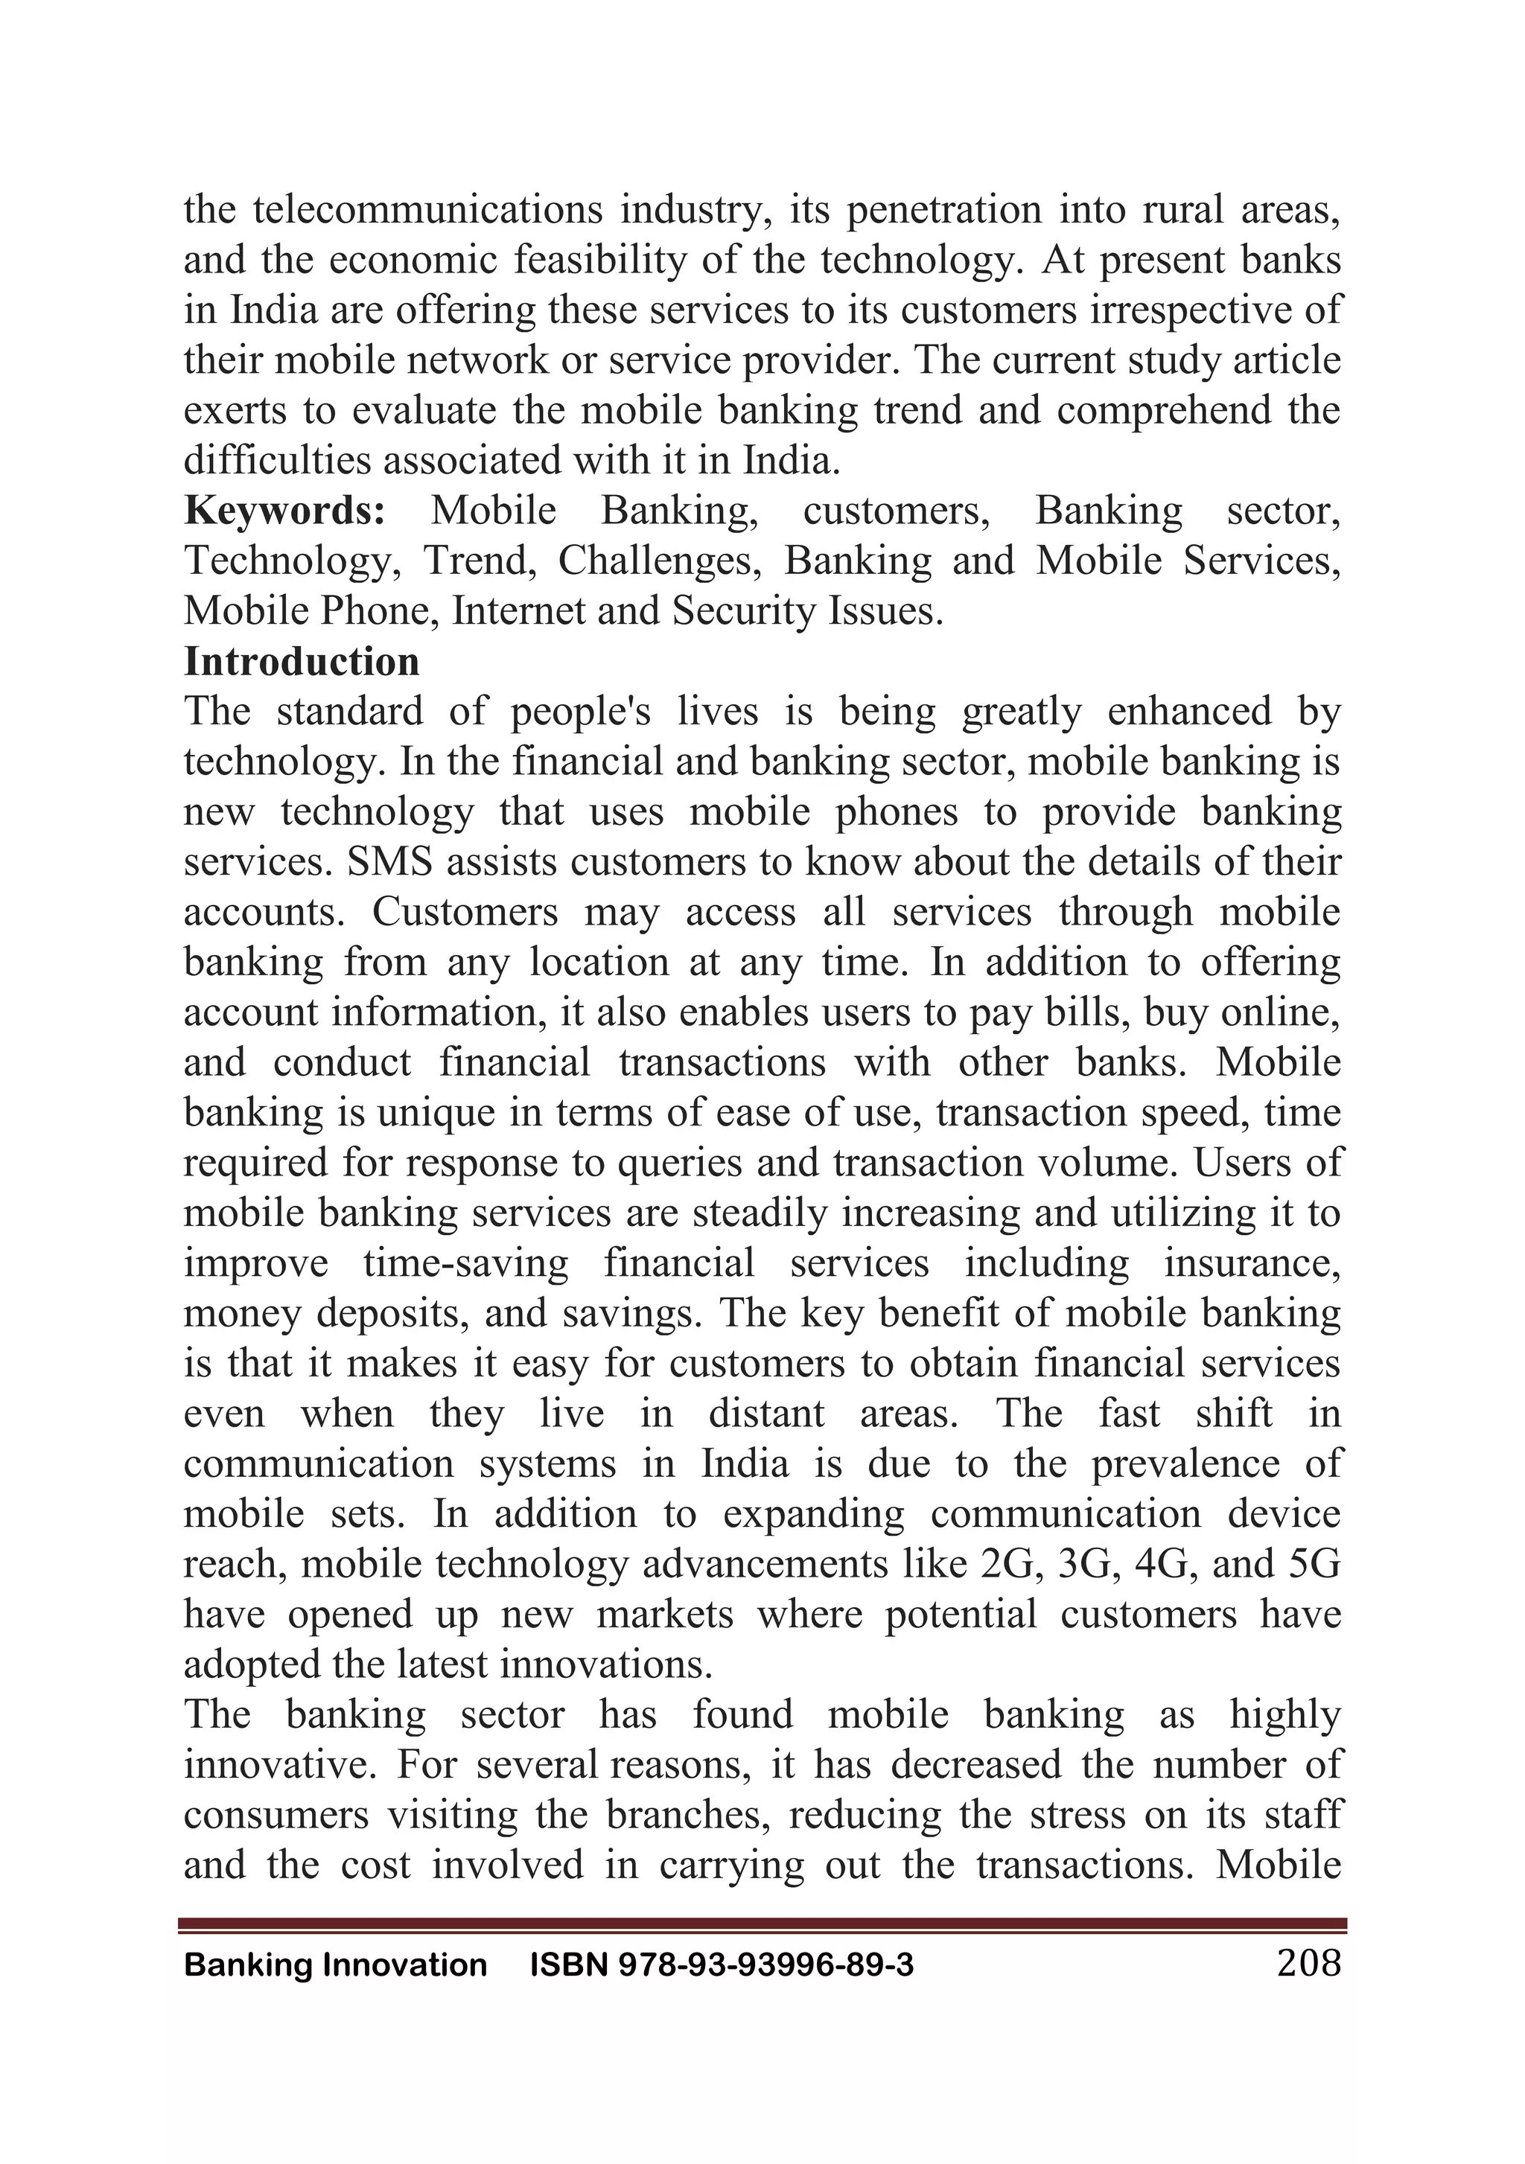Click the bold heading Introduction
[x=302, y=662]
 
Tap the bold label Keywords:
[x=284, y=511]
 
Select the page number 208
[x=1308, y=1963]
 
